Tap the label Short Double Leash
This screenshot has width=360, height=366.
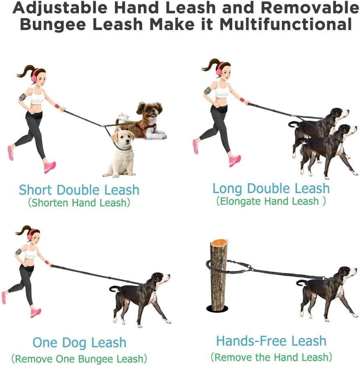click(x=79, y=189)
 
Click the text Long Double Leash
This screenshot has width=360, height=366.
click(x=271, y=188)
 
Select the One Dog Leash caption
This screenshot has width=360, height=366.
click(x=79, y=342)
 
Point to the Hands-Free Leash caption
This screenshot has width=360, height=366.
click(x=271, y=341)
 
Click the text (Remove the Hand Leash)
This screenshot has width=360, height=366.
click(x=271, y=356)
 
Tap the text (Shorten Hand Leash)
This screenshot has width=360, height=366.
click(x=79, y=203)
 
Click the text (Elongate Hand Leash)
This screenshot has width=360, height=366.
click(x=271, y=201)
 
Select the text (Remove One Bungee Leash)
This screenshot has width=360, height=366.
click(x=79, y=358)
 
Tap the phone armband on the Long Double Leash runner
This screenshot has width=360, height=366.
click(x=207, y=90)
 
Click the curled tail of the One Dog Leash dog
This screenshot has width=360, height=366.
click(x=113, y=289)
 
